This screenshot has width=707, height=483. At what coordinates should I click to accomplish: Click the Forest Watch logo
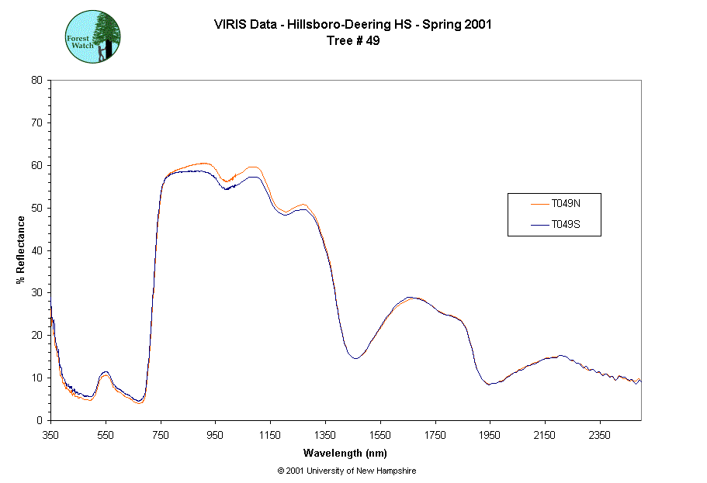tap(92, 36)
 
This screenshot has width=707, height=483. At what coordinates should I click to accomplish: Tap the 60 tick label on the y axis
tap(36, 165)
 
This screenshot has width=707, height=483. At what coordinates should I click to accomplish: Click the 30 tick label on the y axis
tap(36, 293)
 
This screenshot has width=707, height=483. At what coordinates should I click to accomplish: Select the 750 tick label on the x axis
tap(161, 436)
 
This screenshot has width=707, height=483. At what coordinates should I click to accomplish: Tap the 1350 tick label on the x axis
tap(326, 436)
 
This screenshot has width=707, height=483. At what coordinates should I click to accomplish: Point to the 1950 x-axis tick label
tap(490, 436)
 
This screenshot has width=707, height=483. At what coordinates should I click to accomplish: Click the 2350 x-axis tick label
tap(600, 436)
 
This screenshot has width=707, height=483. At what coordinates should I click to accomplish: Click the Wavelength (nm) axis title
tap(345, 454)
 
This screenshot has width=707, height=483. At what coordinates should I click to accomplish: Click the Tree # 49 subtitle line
tap(353, 41)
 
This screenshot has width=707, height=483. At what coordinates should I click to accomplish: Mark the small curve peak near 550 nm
tap(106, 373)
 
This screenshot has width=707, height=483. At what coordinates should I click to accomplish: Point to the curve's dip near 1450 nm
tap(355, 358)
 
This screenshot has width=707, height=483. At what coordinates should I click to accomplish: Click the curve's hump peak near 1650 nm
tap(411, 297)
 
